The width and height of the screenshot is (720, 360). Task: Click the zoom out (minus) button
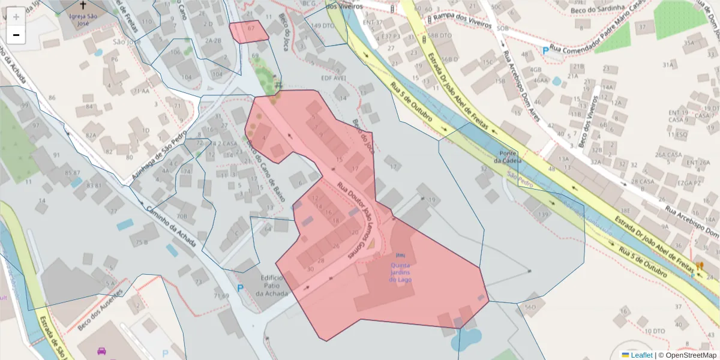click(16, 35)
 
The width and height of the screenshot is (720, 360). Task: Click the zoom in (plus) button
click(16, 17)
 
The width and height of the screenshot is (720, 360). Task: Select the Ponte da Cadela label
click(505, 157)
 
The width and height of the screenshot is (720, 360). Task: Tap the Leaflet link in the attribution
click(641, 355)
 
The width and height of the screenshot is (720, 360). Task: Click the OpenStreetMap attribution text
click(688, 355)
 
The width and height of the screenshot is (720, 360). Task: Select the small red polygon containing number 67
click(248, 32)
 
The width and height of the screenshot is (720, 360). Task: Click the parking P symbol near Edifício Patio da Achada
click(241, 289)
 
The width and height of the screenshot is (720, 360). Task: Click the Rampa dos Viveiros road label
click(460, 23)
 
